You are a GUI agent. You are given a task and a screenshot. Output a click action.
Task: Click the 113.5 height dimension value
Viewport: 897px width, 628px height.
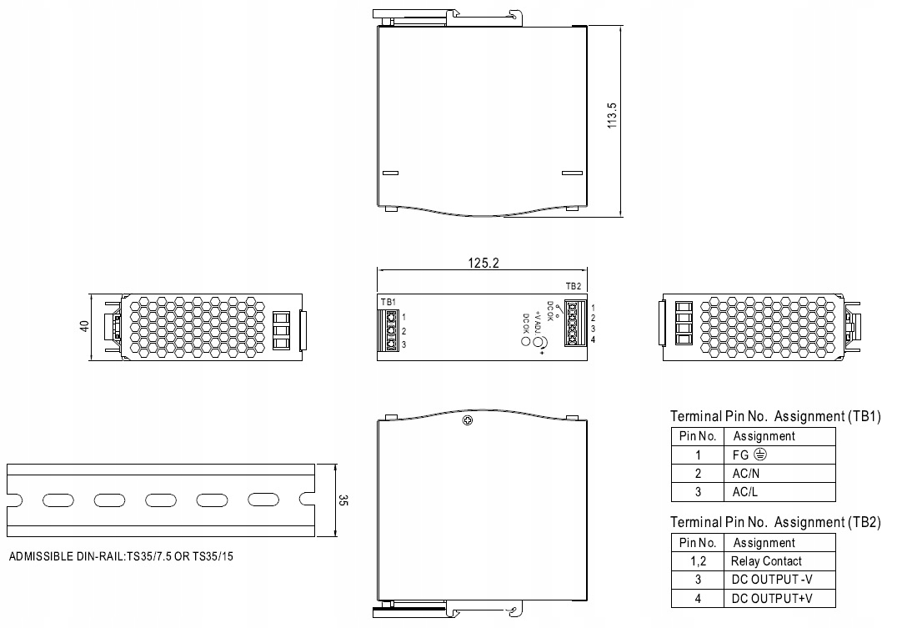click(612, 115)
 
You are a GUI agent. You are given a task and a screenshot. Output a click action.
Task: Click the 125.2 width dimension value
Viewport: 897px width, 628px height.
click(483, 263)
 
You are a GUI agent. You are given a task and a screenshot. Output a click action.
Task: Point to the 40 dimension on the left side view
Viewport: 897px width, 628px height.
click(83, 325)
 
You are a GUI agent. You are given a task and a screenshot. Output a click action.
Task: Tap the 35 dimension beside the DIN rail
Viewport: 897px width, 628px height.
click(343, 501)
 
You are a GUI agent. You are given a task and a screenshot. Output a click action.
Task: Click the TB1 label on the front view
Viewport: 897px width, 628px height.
click(388, 301)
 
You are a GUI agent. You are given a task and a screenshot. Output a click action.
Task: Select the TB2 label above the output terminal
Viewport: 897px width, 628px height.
click(573, 286)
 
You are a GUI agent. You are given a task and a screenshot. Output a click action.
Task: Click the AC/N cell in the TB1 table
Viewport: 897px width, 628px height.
click(746, 473)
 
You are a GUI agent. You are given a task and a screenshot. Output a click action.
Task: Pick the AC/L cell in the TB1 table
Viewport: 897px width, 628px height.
click(745, 492)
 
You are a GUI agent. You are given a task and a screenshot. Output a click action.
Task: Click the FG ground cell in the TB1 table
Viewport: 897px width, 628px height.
click(748, 455)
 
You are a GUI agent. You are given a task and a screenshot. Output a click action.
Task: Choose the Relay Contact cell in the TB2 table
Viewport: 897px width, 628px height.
click(766, 561)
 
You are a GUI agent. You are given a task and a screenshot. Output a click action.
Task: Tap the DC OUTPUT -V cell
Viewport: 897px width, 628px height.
click(770, 580)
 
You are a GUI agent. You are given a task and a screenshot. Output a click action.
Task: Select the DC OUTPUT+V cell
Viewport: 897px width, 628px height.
click(771, 599)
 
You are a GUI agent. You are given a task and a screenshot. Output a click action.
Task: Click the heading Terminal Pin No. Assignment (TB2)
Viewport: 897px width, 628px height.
click(775, 522)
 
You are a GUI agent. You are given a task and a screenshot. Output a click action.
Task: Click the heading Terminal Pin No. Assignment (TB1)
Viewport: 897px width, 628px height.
click(775, 416)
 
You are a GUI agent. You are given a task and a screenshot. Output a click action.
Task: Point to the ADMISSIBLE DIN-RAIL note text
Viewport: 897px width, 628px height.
click(121, 555)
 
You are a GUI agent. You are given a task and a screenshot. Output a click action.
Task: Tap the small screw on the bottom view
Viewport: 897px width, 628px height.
click(469, 421)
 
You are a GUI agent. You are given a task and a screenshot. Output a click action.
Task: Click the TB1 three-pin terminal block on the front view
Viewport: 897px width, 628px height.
click(390, 330)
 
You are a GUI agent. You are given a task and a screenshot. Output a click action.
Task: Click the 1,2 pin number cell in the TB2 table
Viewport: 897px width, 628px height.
click(698, 561)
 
